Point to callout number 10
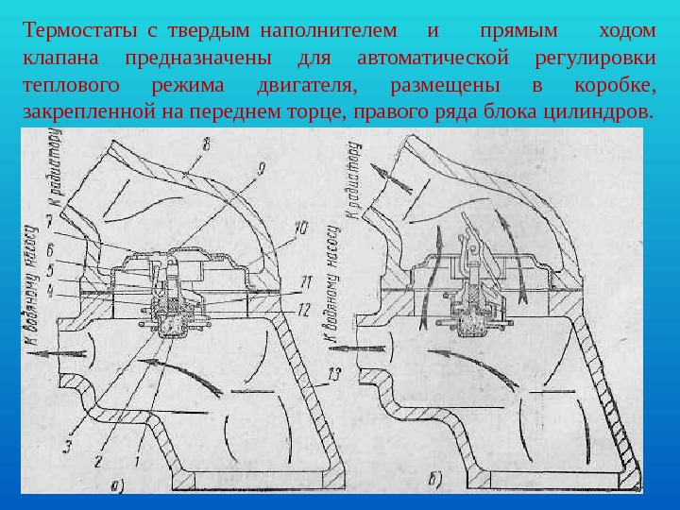[299, 227]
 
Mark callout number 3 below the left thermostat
[67, 446]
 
